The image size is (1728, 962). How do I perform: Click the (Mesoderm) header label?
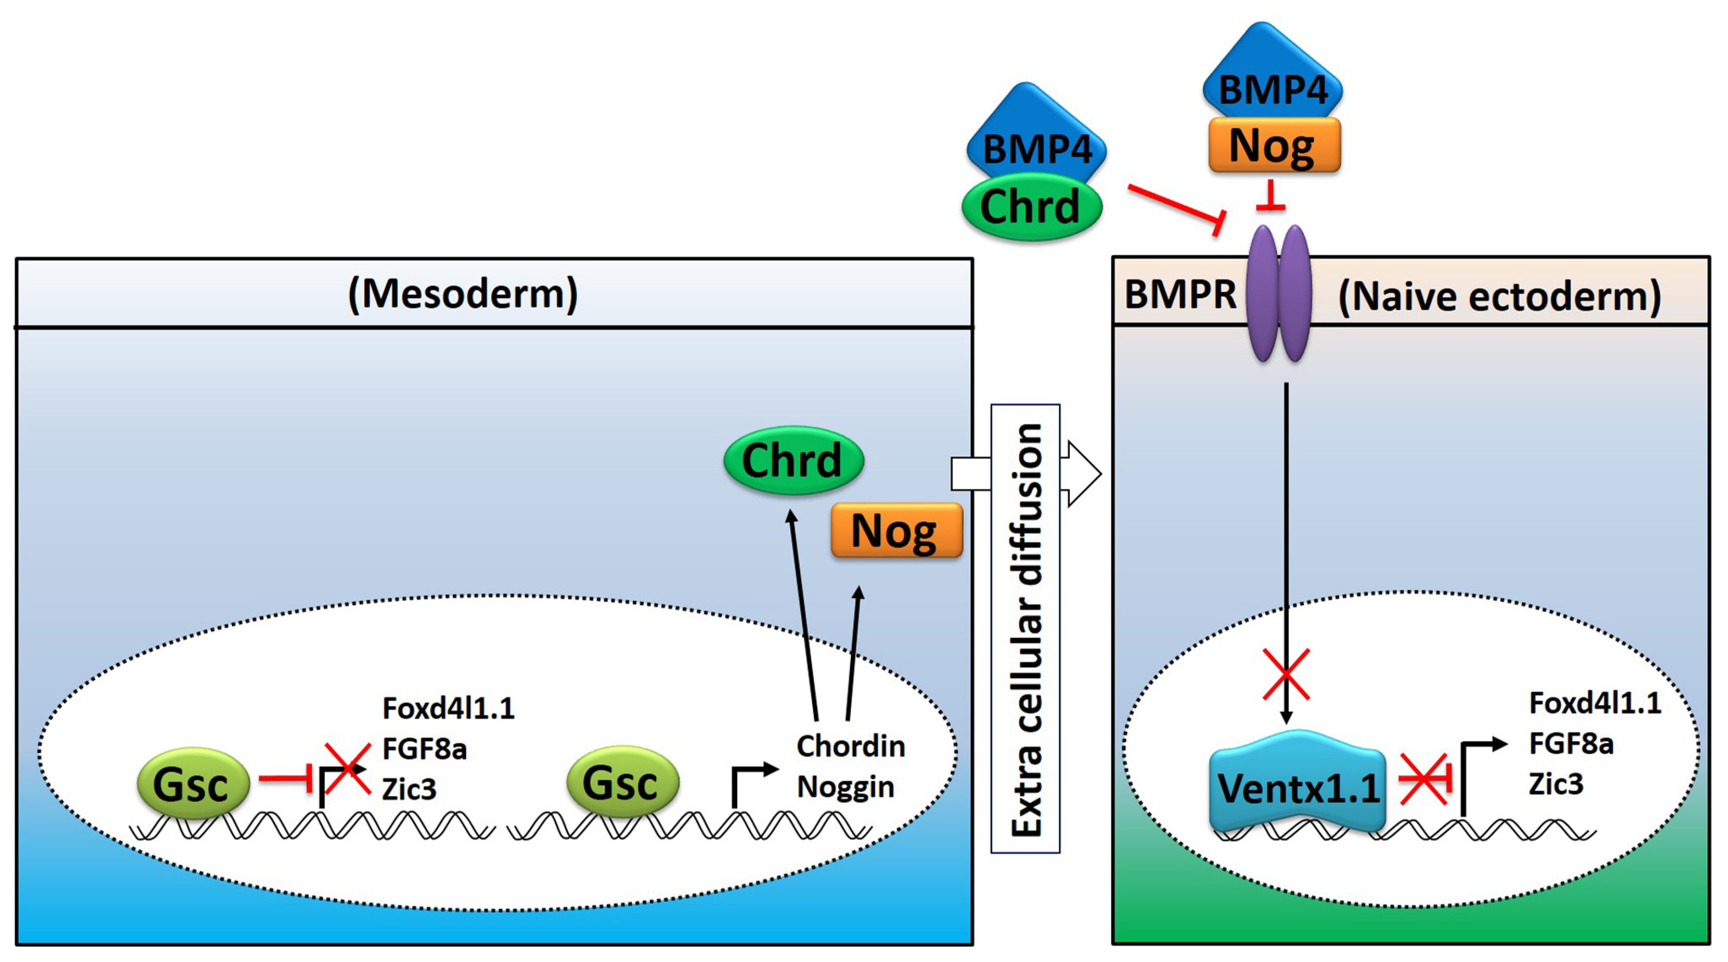(463, 294)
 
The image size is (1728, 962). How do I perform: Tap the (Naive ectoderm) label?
(1499, 296)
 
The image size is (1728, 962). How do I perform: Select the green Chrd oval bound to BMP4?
(1031, 207)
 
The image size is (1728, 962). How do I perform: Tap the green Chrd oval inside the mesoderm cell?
(793, 460)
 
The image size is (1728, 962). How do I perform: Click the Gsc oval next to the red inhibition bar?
(193, 783)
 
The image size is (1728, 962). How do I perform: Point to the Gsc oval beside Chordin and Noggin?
(622, 782)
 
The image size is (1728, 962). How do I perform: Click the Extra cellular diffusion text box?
(1026, 628)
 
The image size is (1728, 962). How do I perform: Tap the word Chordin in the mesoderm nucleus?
(850, 746)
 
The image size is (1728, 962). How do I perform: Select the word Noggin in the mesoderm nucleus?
(845, 786)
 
